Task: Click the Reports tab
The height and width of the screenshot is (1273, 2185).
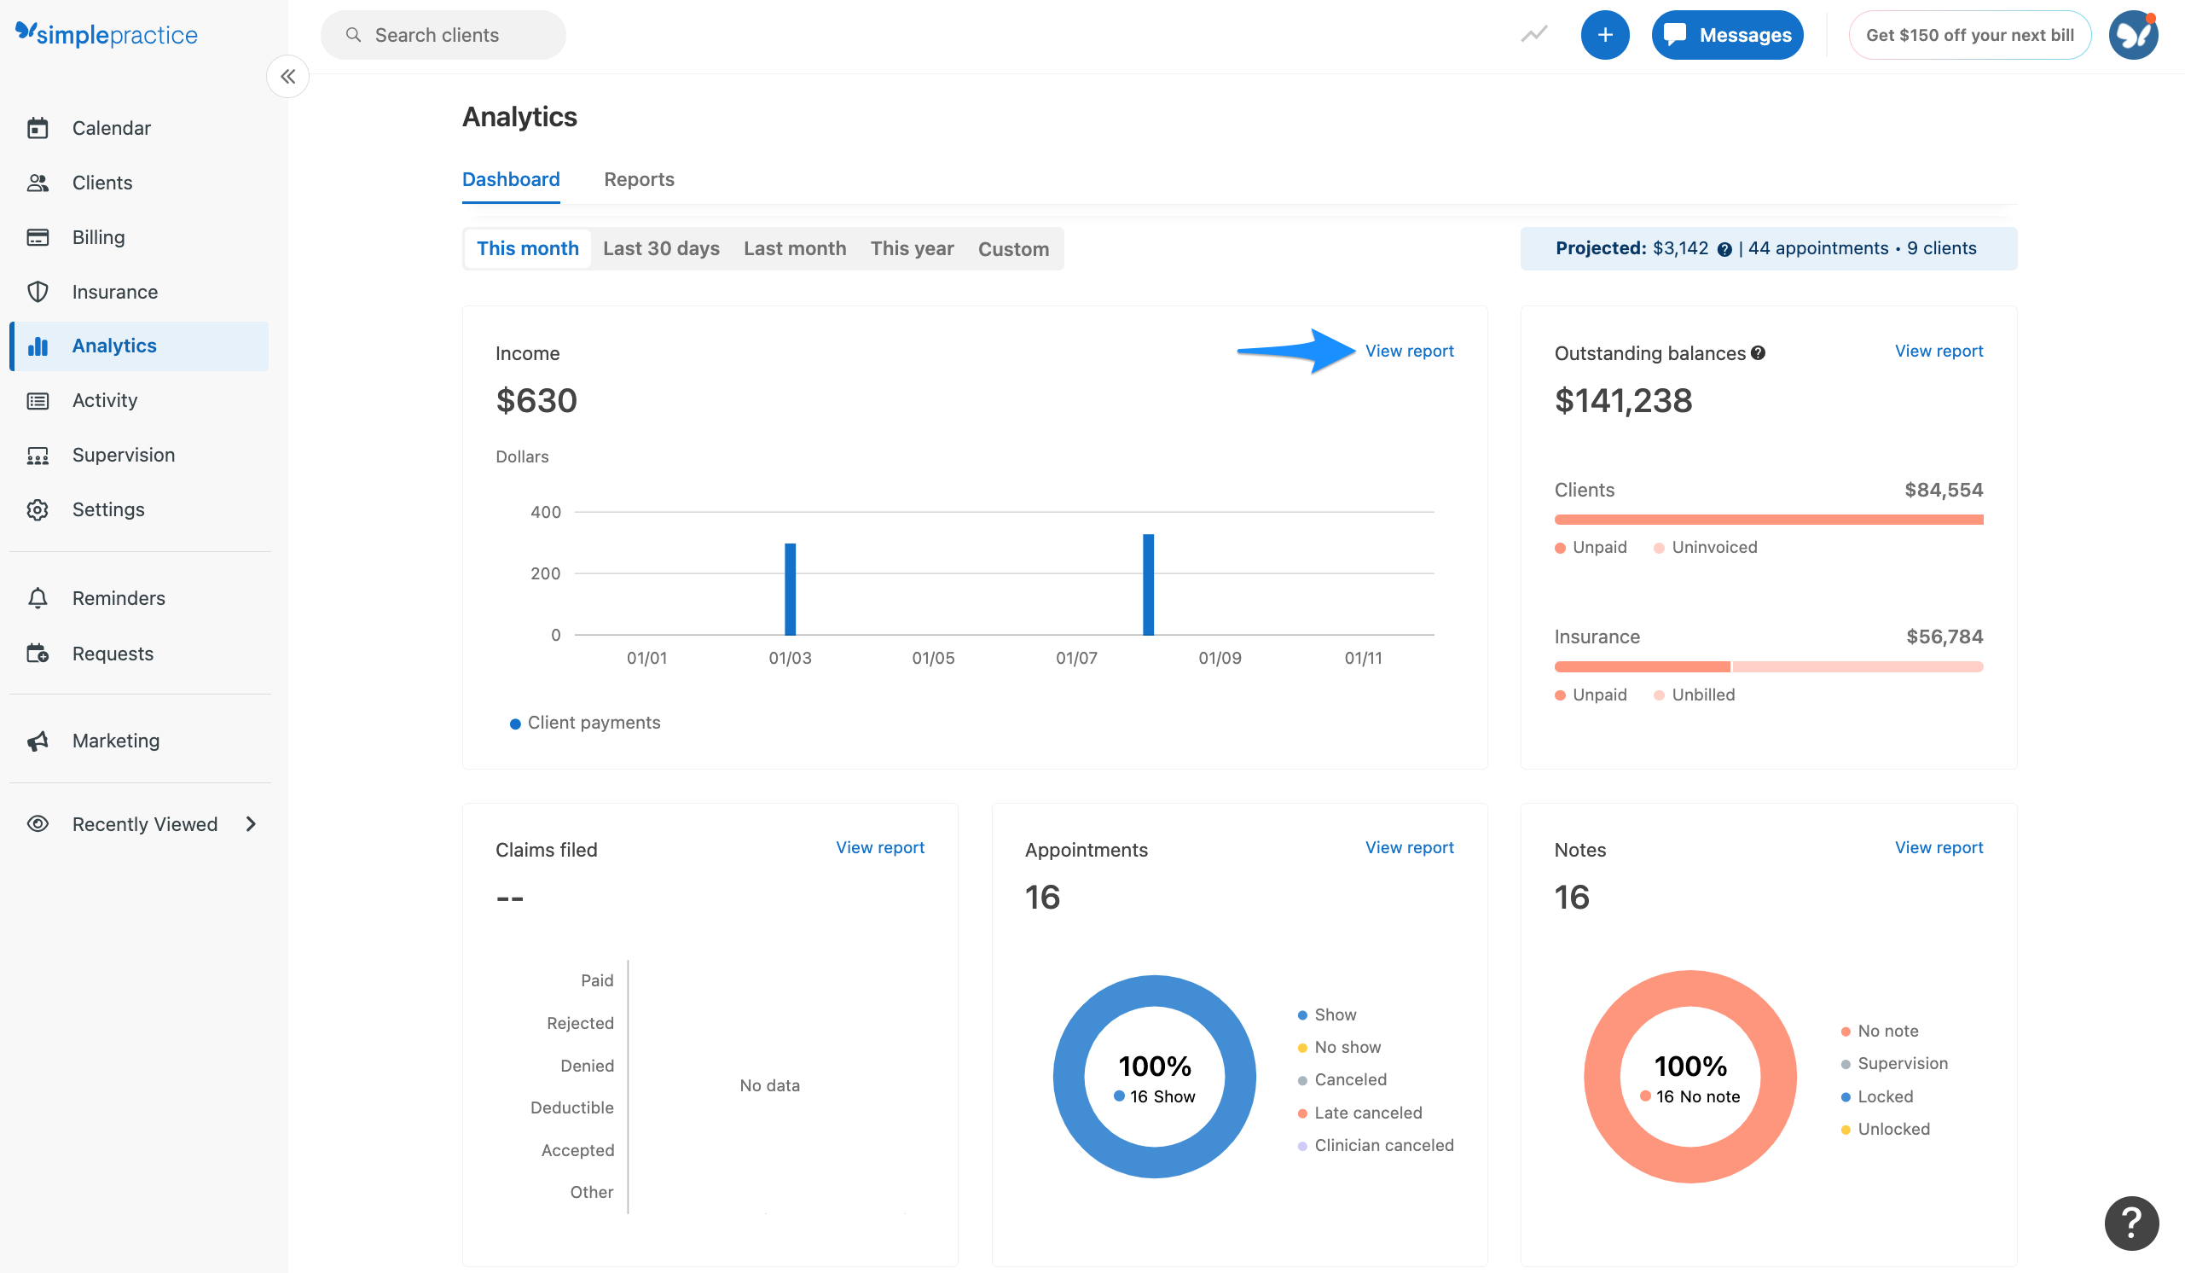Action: click(639, 179)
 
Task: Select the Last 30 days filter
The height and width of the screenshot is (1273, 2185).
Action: click(661, 249)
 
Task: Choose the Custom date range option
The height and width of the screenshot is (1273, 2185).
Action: click(1012, 249)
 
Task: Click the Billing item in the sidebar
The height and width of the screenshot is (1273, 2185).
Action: click(98, 237)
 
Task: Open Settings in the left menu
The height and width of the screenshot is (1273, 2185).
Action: click(107, 510)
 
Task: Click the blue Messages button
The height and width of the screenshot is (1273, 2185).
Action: click(1726, 36)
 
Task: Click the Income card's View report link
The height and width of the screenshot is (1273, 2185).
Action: click(1409, 352)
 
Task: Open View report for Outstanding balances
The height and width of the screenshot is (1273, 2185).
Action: click(1938, 352)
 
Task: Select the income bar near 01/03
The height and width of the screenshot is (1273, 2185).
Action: click(790, 590)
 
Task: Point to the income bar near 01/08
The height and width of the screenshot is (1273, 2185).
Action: click(1148, 585)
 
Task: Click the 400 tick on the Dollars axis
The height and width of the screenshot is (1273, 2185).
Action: click(545, 513)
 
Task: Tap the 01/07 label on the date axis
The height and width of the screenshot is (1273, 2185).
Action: click(1076, 658)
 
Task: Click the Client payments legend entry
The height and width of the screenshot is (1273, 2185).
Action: click(593, 724)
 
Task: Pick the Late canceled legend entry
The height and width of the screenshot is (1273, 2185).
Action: click(1367, 1113)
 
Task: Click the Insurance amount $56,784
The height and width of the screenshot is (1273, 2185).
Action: click(1943, 637)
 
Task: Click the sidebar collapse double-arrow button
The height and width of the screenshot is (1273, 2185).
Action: click(288, 77)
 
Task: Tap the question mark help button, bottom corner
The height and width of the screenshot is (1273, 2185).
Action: click(2130, 1223)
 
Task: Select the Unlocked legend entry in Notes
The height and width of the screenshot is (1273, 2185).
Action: click(1892, 1129)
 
